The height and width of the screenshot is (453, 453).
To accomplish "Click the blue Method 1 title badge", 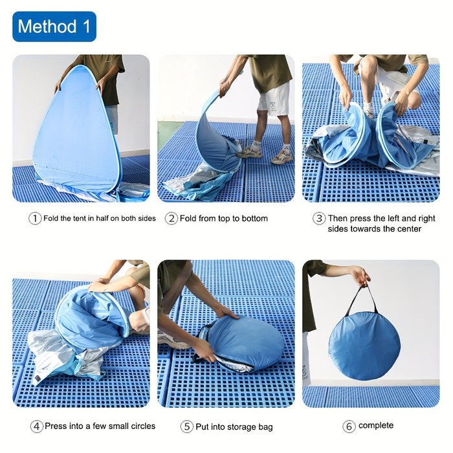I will pyautogui.click(x=54, y=27).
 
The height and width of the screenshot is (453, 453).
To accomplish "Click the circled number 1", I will pyautogui.click(x=35, y=219).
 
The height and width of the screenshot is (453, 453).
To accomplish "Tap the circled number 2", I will pyautogui.click(x=171, y=219).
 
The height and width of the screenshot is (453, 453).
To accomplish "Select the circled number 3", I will pyautogui.click(x=319, y=219).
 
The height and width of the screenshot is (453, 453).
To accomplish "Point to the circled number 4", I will pyautogui.click(x=37, y=426).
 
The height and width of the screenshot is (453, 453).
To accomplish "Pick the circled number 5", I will pyautogui.click(x=187, y=426).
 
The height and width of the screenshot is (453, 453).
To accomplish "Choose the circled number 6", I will pyautogui.click(x=349, y=426).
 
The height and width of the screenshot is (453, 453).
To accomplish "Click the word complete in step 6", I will pyautogui.click(x=376, y=426).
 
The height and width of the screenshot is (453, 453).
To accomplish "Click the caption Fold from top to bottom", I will pyautogui.click(x=223, y=219).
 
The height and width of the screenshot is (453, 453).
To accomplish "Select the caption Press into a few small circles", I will pyautogui.click(x=100, y=426).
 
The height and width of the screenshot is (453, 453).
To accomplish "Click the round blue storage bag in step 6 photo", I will pyautogui.click(x=364, y=344).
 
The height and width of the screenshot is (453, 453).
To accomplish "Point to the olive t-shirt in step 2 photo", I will pyautogui.click(x=267, y=71).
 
